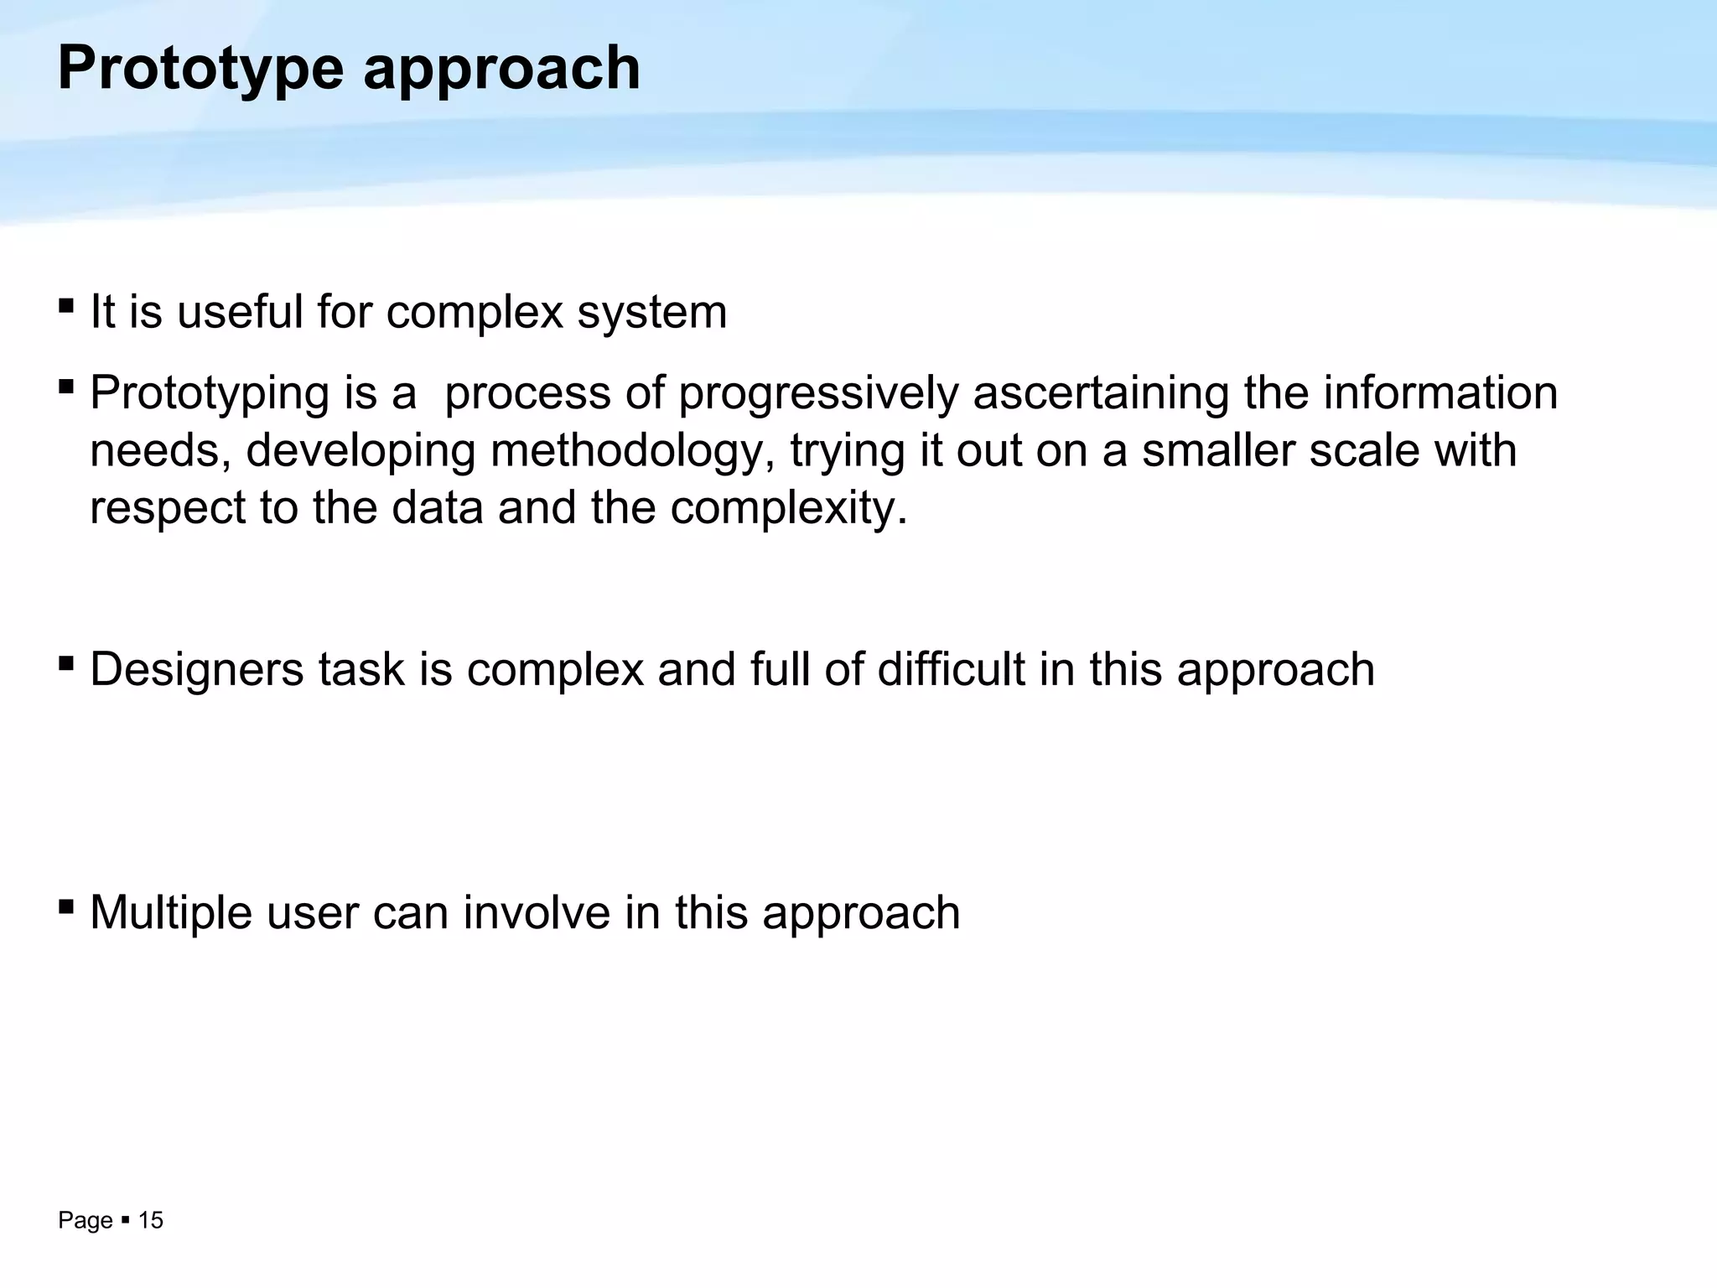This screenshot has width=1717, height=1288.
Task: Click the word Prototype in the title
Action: coord(200,70)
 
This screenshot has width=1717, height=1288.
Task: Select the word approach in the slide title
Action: coord(501,70)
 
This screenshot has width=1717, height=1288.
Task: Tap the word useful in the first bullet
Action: coord(240,312)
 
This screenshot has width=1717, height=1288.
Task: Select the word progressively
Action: coord(818,393)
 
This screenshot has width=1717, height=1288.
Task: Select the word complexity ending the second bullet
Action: coord(787,508)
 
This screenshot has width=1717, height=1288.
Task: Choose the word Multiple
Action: coord(170,912)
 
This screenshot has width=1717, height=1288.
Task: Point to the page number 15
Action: coord(151,1221)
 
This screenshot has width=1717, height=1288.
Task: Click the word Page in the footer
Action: coord(85,1221)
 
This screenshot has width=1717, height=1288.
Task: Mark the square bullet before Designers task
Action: coord(66,664)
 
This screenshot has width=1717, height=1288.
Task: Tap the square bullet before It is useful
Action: coord(66,306)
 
